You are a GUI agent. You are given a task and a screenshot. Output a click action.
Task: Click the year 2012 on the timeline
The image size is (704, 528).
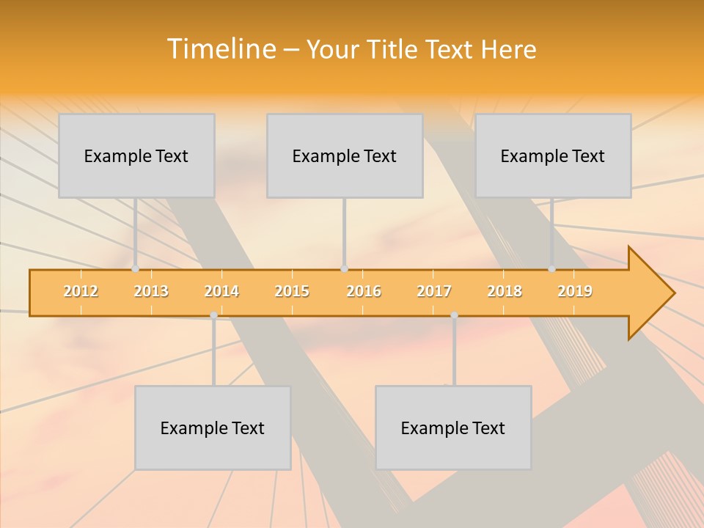[x=81, y=291]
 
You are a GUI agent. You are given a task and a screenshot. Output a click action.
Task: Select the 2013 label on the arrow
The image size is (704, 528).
[x=151, y=291]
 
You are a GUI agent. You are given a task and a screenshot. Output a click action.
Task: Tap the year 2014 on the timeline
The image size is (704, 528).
[x=221, y=291]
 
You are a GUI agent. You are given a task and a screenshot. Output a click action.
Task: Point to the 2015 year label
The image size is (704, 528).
[x=292, y=291]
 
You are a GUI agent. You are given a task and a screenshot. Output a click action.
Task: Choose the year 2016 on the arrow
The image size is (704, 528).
[x=364, y=291]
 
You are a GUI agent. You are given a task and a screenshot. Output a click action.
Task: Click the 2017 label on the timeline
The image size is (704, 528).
[x=434, y=291]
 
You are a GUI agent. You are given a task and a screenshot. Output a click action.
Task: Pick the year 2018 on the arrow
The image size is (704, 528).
[x=505, y=291]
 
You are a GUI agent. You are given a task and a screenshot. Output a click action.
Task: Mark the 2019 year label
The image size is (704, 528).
[x=575, y=291]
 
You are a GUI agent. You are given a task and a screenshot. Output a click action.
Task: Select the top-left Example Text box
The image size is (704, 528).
[x=136, y=155]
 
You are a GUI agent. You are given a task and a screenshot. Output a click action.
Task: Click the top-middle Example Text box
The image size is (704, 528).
[x=345, y=155]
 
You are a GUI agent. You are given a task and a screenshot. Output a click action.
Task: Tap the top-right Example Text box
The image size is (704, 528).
[x=553, y=155]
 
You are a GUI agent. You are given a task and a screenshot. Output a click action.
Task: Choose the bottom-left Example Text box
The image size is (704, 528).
[x=213, y=428]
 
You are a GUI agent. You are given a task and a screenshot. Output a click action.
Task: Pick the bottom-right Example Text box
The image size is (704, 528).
[x=453, y=428]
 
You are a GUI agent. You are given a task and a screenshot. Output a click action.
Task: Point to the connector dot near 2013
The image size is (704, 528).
[x=135, y=269]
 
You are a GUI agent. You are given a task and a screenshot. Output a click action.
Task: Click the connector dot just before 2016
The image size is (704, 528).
[x=344, y=269]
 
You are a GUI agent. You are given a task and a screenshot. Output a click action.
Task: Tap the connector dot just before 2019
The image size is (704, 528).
[x=552, y=269]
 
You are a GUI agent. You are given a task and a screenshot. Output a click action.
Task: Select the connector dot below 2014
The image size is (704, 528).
[x=213, y=315]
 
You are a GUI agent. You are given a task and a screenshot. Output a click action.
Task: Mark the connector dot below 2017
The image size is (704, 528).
[x=454, y=315]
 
